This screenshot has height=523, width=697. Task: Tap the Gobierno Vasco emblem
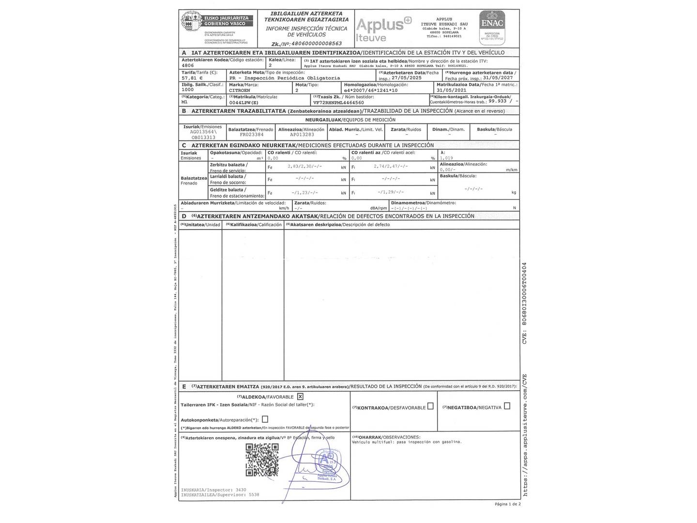(x=189, y=23)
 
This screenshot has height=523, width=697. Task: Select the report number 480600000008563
(x=314, y=43)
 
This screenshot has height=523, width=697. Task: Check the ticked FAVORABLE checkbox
(x=301, y=397)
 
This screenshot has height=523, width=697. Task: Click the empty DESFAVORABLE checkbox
(x=430, y=406)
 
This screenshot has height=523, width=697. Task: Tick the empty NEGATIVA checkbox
(x=507, y=406)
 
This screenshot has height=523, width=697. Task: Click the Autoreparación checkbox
(x=265, y=419)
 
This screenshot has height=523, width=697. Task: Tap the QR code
(x=262, y=460)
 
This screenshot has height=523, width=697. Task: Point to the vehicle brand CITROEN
(x=240, y=90)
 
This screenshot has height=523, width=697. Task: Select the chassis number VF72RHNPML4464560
(x=338, y=103)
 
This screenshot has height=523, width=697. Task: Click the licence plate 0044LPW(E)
(x=244, y=103)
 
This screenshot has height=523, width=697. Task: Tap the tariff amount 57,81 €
(x=192, y=77)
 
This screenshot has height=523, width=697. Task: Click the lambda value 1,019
(x=447, y=158)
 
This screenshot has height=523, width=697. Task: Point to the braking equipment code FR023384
(x=251, y=135)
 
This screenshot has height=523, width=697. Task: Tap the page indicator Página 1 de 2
(x=507, y=504)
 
